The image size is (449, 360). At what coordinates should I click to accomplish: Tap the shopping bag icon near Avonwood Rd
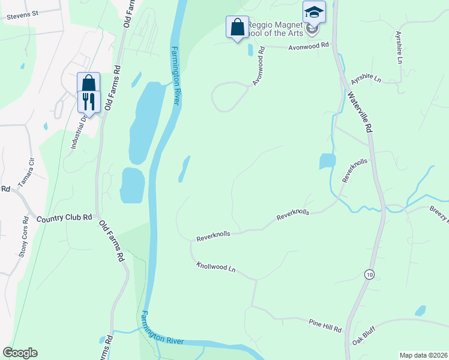237,27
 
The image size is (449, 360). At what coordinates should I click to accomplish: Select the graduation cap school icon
314,12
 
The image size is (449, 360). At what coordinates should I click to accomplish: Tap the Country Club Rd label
64,218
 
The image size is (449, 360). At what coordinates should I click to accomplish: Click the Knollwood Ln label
215,267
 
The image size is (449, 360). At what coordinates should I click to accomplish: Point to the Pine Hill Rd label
325,326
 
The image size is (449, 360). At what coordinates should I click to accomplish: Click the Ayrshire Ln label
366,79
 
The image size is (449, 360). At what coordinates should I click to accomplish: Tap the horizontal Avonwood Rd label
309,45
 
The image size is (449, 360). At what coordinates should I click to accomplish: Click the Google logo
20,353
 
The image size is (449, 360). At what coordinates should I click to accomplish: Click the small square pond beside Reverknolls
327,161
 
